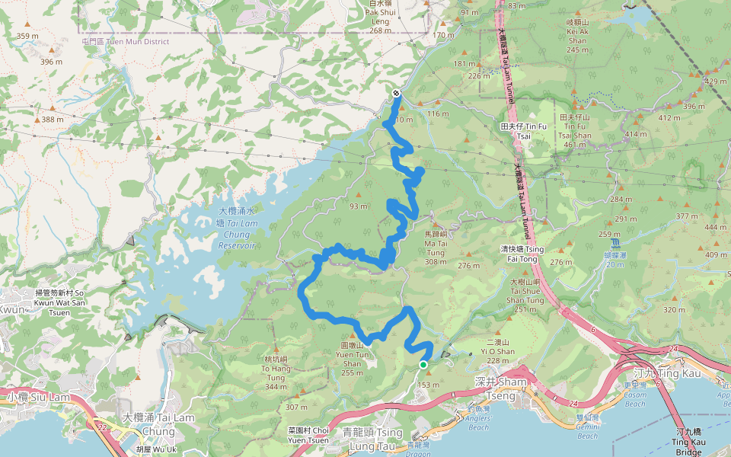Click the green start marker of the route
point(423,365)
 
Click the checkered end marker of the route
point(396,93)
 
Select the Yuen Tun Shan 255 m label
point(352,359)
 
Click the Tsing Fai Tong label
point(522,254)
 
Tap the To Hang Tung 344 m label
point(277,372)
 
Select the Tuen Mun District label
point(126,41)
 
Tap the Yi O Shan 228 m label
point(501,351)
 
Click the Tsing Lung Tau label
point(373,438)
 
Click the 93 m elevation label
point(358,206)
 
